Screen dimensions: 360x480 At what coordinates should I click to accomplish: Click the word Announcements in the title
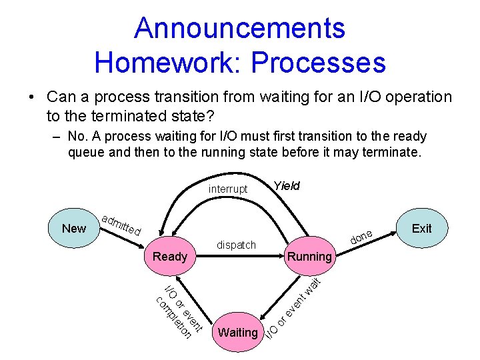coord(239,28)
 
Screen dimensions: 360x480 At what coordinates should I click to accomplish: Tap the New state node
coord(73,228)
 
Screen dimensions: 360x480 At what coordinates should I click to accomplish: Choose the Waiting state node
coord(237,332)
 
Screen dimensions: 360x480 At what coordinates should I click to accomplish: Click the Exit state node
coord(421,228)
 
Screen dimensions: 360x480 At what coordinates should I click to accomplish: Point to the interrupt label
coord(227,189)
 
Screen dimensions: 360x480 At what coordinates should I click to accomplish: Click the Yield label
coord(287,186)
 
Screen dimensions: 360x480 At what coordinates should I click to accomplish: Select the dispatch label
coord(237,245)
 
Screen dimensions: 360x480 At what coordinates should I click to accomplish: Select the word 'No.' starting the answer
coord(78,137)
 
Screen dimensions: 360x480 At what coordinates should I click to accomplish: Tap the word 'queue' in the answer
coord(86,152)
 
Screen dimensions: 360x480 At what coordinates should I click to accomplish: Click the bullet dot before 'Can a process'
coord(31,97)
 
